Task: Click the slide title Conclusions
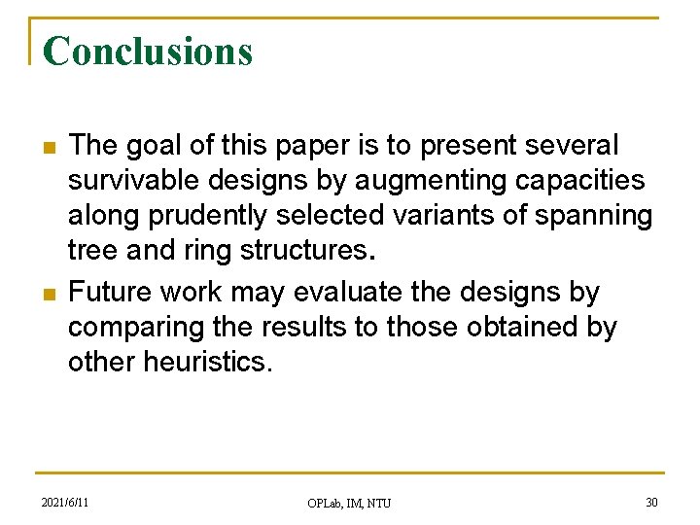148,51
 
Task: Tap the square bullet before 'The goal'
47,148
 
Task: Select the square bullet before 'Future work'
47,294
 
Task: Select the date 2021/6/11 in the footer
65,502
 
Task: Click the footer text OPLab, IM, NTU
349,503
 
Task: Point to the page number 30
650,502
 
